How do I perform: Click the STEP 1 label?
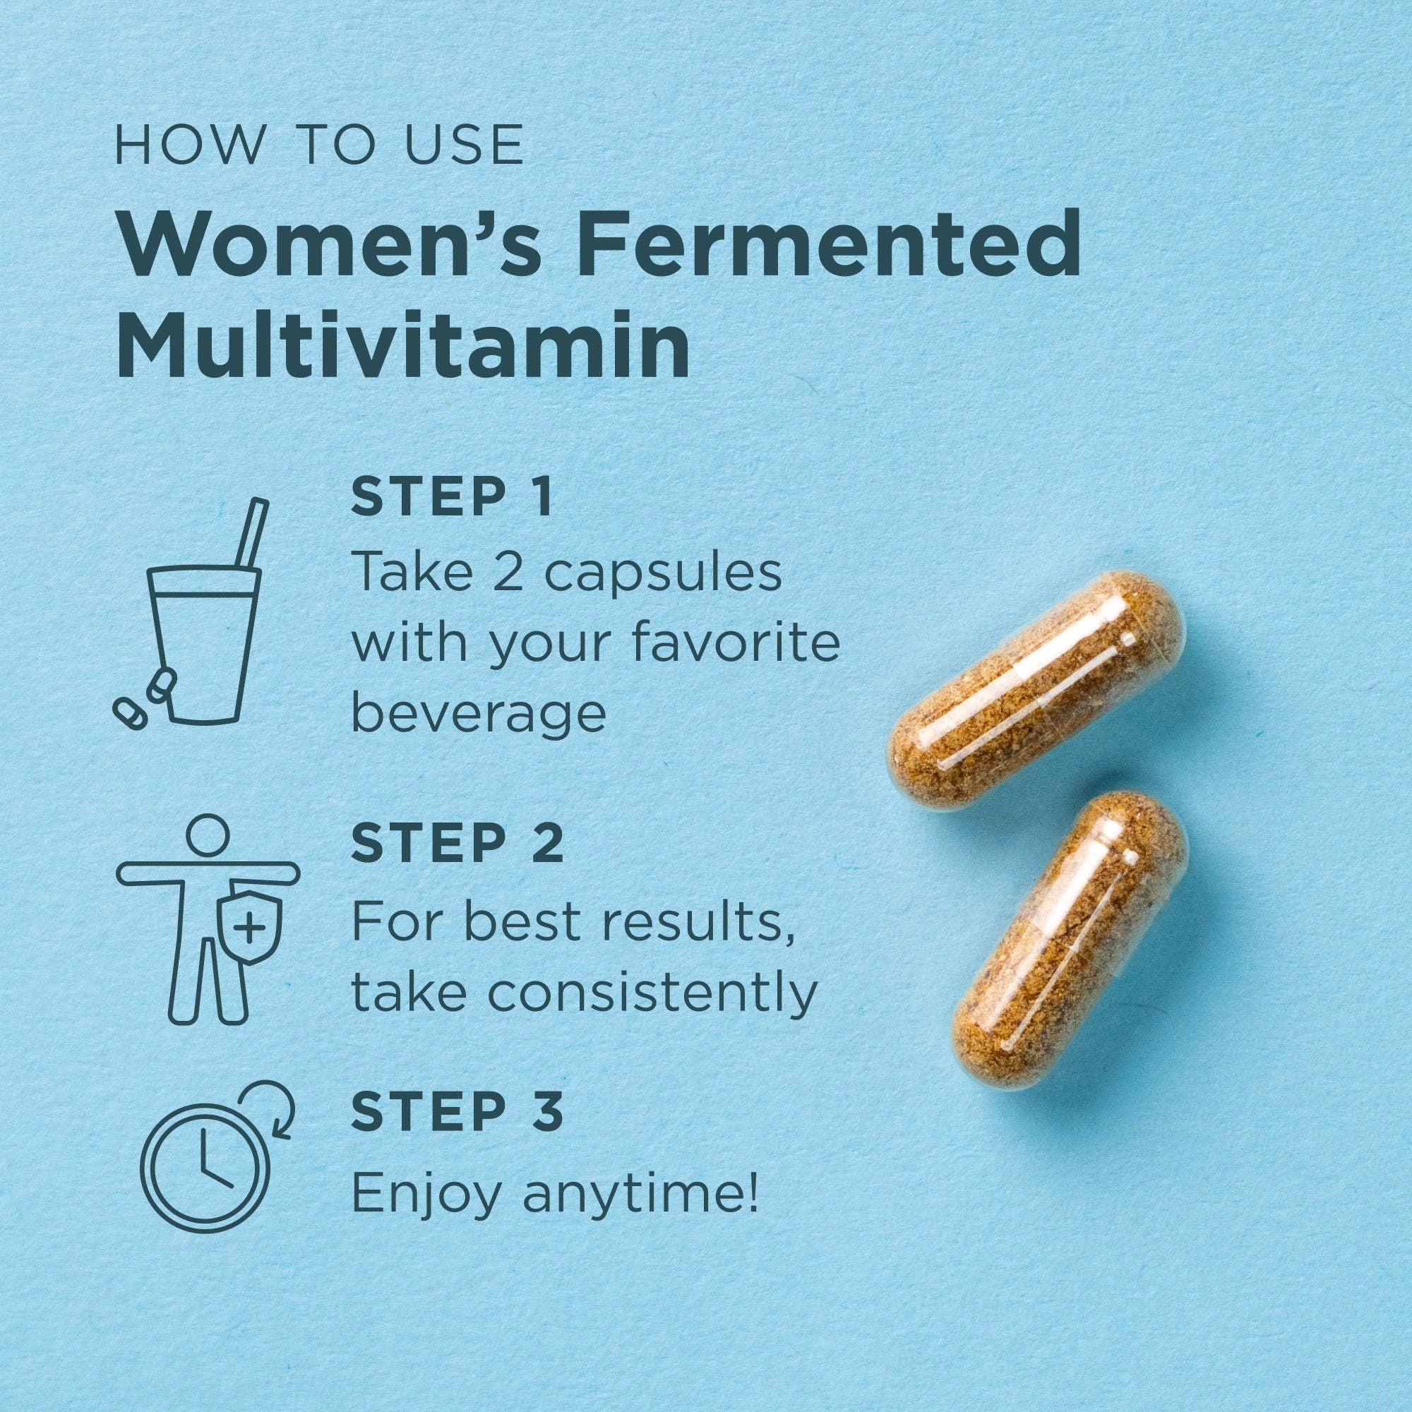tap(452, 499)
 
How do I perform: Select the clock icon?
tap(205, 1163)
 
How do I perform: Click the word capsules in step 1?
tap(662, 573)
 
